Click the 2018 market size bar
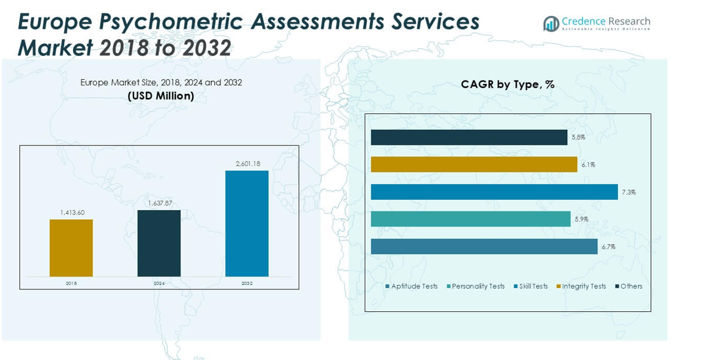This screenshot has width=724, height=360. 71,248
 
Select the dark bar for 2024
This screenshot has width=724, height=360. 159,243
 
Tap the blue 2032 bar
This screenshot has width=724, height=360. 247,224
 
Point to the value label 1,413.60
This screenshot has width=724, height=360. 72,213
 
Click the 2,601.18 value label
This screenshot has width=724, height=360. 247,163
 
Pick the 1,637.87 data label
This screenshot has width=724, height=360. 160,203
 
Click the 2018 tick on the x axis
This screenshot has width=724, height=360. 71,283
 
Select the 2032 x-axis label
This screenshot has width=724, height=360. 247,283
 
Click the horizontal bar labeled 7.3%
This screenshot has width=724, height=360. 494,192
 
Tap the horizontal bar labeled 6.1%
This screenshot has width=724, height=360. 474,164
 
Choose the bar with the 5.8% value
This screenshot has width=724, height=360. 469,137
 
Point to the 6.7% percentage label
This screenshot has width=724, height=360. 608,247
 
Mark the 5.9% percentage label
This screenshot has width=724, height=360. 581,219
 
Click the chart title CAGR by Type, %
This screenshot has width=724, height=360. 508,85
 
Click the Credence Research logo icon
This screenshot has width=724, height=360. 552,24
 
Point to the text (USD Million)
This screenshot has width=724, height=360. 161,96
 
